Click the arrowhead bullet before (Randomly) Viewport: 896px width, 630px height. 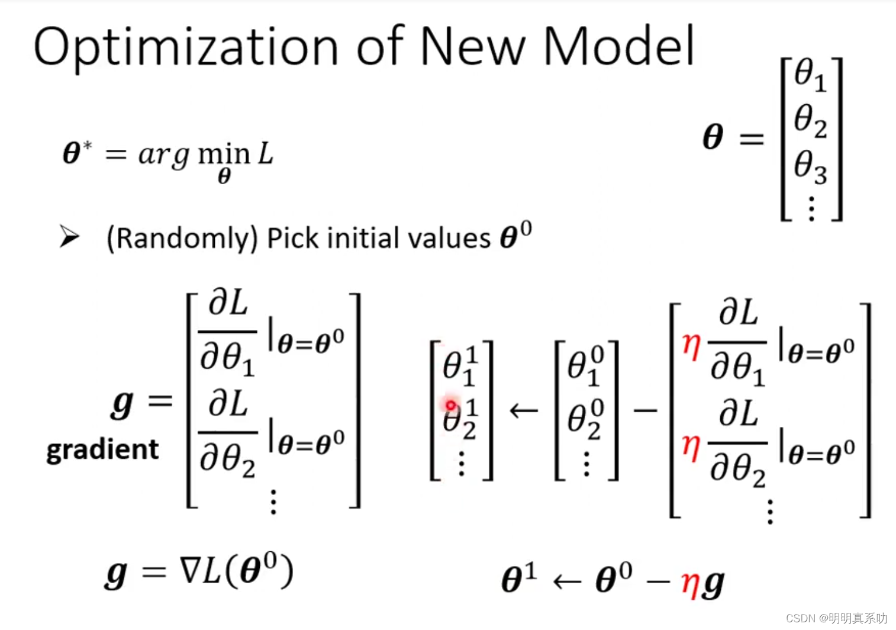pyautogui.click(x=70, y=237)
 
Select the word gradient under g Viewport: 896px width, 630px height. pyautogui.click(x=102, y=449)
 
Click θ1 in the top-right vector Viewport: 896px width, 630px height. pyautogui.click(x=810, y=75)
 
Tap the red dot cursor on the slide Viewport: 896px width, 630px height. pyautogui.click(x=451, y=405)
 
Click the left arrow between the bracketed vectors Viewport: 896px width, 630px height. pyautogui.click(x=524, y=410)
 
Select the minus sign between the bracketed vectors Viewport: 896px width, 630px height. pyautogui.click(x=645, y=410)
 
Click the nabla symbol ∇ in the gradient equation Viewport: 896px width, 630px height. pyautogui.click(x=191, y=571)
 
